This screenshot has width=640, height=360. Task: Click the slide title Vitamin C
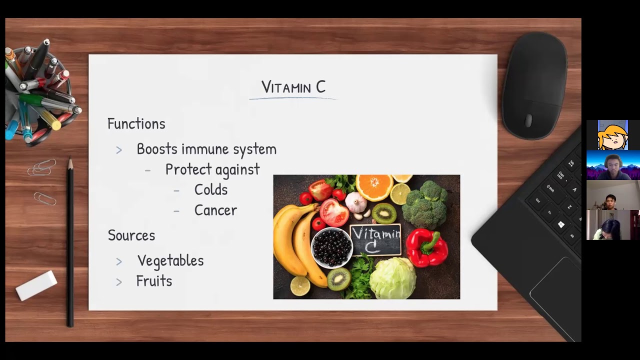pyautogui.click(x=293, y=87)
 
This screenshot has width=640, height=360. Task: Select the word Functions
pyautogui.click(x=136, y=124)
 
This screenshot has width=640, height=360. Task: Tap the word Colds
pyautogui.click(x=211, y=189)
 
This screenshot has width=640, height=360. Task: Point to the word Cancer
pyautogui.click(x=215, y=210)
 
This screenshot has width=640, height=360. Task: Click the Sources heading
pyautogui.click(x=131, y=235)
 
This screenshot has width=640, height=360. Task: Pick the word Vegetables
pyautogui.click(x=170, y=261)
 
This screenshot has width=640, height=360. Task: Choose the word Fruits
pyautogui.click(x=154, y=281)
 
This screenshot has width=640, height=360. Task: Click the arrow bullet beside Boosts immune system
pyautogui.click(x=119, y=150)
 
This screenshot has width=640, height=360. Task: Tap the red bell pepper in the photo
pyautogui.click(x=427, y=247)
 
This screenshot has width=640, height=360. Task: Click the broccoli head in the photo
pyautogui.click(x=425, y=205)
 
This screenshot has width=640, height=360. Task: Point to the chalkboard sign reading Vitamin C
pyautogui.click(x=375, y=239)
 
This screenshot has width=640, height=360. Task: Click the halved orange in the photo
pyautogui.click(x=374, y=187)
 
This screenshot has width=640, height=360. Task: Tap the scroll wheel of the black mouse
pyautogui.click(x=528, y=120)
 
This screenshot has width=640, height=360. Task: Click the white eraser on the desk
pyautogui.click(x=36, y=285)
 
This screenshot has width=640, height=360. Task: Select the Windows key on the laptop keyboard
pyautogui.click(x=561, y=224)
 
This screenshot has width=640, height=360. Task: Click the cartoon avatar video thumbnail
pyautogui.click(x=613, y=135)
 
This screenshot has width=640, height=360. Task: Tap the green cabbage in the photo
pyautogui.click(x=393, y=278)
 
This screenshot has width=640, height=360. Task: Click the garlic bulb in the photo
pyautogui.click(x=356, y=201)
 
